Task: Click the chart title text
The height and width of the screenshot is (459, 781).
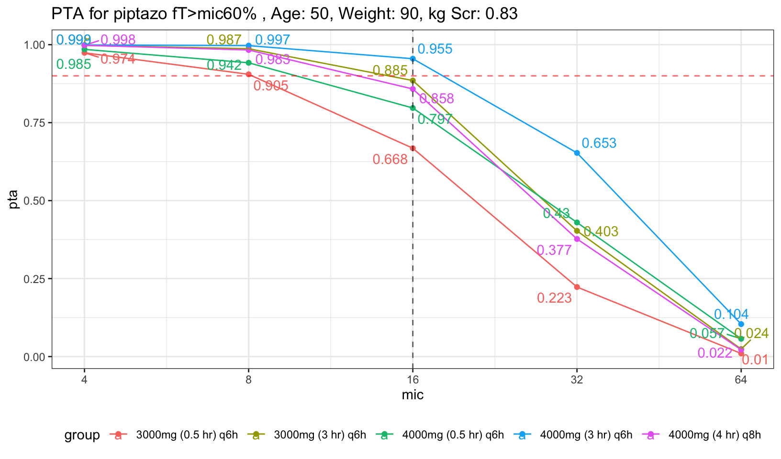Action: pyautogui.click(x=284, y=14)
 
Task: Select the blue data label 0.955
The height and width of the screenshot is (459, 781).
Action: pyautogui.click(x=435, y=49)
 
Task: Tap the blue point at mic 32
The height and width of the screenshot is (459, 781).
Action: pyautogui.click(x=577, y=153)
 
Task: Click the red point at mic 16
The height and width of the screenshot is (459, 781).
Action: pyautogui.click(x=413, y=148)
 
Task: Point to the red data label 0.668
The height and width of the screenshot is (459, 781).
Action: pyautogui.click(x=390, y=160)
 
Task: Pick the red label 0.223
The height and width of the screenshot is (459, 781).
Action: pyautogui.click(x=554, y=298)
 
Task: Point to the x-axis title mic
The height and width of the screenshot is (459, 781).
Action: pyautogui.click(x=413, y=395)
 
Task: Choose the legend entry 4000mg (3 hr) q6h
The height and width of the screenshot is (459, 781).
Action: pyautogui.click(x=586, y=435)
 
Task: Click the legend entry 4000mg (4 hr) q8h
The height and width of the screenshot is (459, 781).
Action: pyautogui.click(x=714, y=435)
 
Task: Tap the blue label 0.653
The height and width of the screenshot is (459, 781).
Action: pyautogui.click(x=599, y=143)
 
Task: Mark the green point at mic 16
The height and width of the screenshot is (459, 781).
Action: pyautogui.click(x=413, y=108)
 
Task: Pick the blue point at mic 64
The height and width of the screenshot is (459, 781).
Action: pyautogui.click(x=741, y=324)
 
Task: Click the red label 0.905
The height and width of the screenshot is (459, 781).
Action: pyautogui.click(x=271, y=86)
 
